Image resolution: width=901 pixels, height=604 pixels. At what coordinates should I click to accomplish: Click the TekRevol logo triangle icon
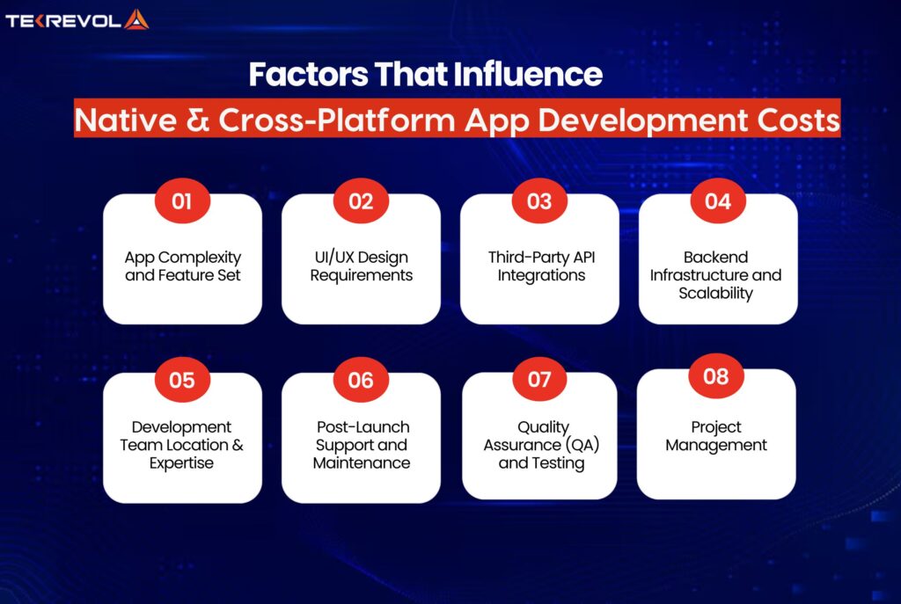click(136, 19)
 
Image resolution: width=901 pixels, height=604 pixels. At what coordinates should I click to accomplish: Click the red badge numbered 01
click(181, 201)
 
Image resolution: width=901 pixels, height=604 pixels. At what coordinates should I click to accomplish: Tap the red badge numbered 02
click(361, 201)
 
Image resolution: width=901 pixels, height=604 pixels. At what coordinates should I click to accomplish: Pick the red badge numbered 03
click(539, 201)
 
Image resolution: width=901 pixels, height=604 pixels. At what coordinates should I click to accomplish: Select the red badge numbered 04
click(717, 201)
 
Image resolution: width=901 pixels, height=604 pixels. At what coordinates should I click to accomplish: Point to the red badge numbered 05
click(181, 381)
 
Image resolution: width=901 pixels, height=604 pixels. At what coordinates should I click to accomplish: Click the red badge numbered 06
click(361, 381)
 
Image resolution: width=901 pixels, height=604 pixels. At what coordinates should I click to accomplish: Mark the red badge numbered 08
click(716, 376)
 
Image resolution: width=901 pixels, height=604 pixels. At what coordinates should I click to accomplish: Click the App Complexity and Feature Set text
click(182, 266)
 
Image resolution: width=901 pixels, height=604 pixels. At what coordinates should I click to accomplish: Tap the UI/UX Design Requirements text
click(361, 266)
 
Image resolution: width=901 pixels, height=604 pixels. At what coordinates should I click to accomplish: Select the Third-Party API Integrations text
click(539, 266)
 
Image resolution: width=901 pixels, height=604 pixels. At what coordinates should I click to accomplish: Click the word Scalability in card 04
click(716, 294)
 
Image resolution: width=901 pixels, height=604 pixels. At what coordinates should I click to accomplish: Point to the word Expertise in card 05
click(182, 463)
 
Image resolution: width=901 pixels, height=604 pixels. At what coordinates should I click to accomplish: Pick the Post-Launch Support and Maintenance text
click(361, 445)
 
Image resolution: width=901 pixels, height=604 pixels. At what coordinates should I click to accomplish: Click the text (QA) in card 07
click(580, 445)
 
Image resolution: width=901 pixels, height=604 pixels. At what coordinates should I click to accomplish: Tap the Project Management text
click(716, 436)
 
